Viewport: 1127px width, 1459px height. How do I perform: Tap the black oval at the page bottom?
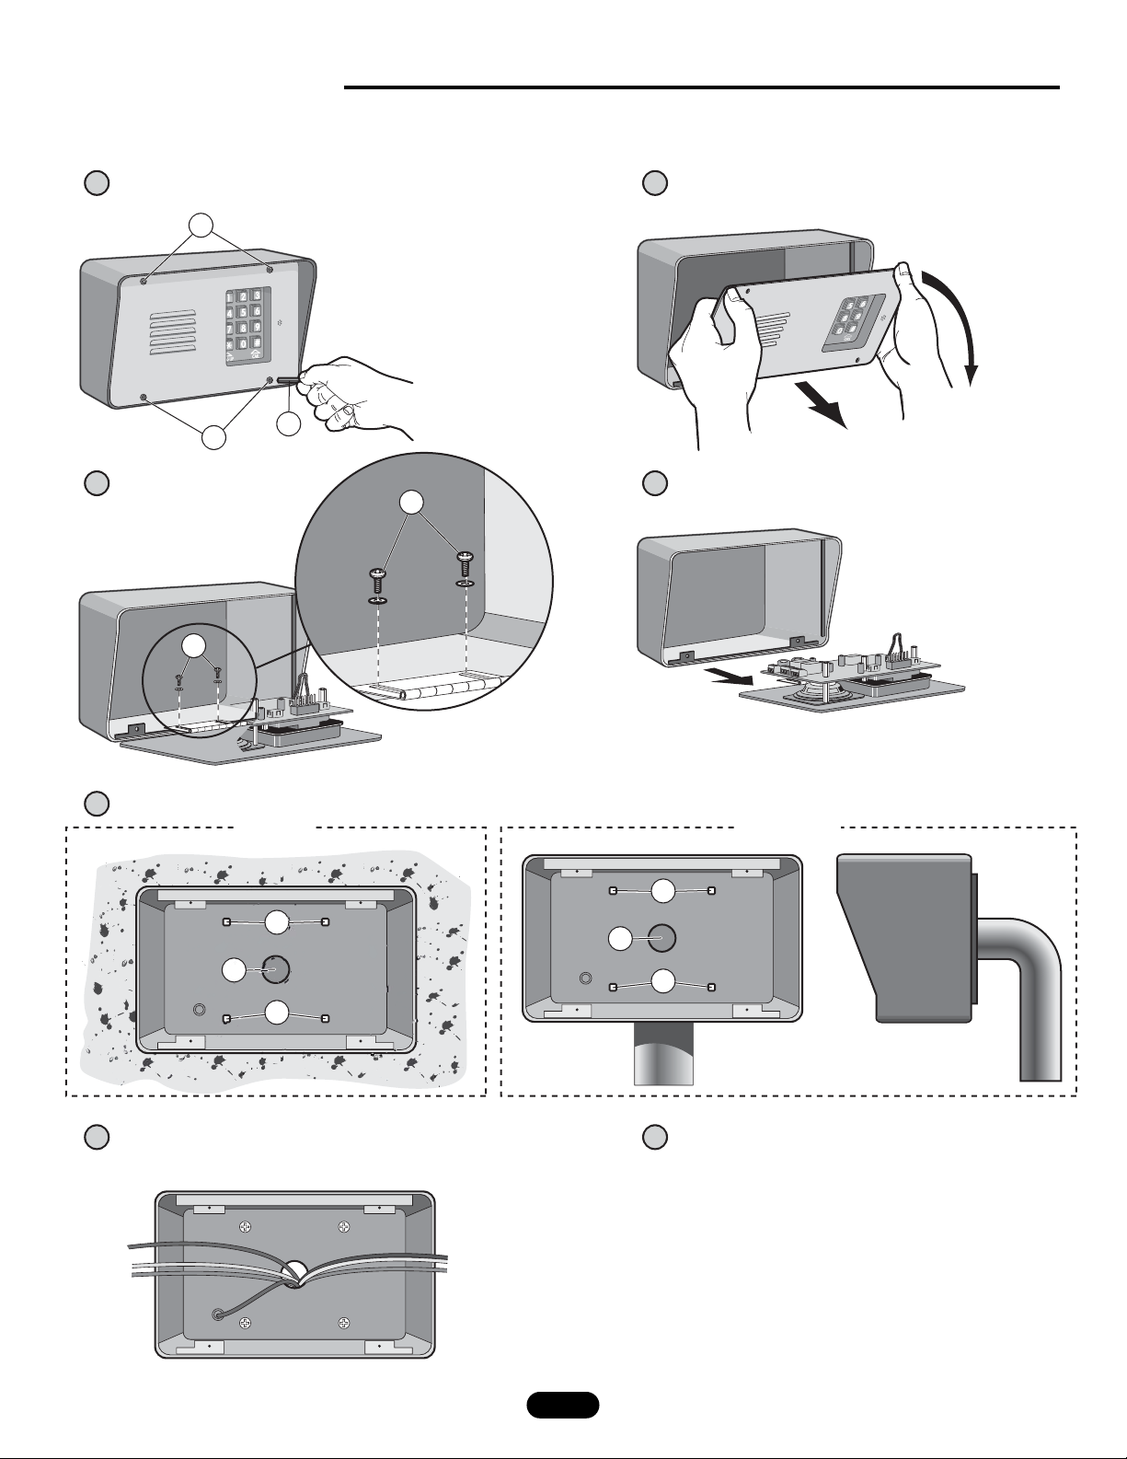[x=563, y=1405]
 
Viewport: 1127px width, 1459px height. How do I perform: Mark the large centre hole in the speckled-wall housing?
[x=275, y=968]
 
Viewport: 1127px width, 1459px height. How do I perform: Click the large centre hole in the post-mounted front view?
[x=661, y=938]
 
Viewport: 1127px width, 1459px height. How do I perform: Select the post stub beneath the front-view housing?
[x=664, y=1053]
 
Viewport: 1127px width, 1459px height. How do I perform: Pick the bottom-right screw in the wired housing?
[x=343, y=1323]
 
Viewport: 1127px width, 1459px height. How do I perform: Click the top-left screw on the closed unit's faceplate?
[x=144, y=280]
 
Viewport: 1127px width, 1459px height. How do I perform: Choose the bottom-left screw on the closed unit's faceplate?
[x=144, y=397]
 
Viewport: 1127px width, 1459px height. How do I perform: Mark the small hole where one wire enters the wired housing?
[x=218, y=1314]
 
